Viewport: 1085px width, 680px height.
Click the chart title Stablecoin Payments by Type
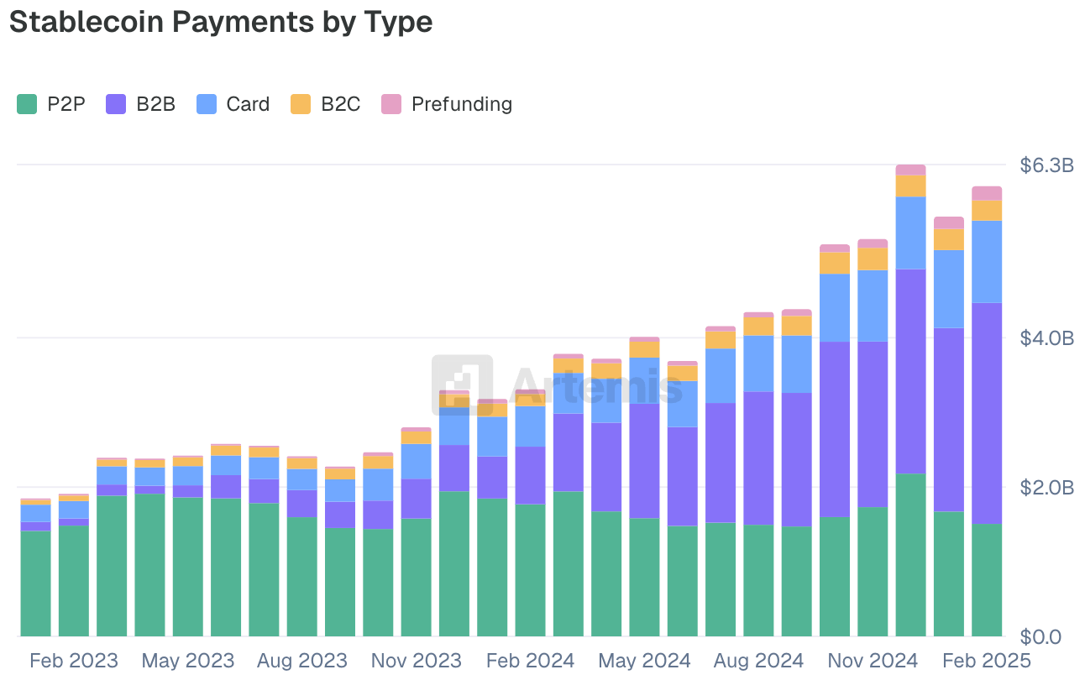coord(221,23)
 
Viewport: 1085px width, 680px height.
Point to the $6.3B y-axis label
coord(1046,165)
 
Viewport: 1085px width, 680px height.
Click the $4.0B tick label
coord(1046,337)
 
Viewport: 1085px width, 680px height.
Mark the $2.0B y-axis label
coord(1046,487)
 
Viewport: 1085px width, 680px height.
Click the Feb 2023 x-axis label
coord(74,661)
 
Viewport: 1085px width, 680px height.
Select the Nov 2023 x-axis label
coord(417,661)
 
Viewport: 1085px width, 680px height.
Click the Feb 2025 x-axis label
coord(987,661)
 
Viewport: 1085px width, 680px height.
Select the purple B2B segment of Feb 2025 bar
coord(987,411)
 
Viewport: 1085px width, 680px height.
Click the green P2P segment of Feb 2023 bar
coord(74,579)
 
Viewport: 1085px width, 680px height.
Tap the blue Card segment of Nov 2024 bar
coord(873,306)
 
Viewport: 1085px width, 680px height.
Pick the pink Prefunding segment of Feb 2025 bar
coord(987,193)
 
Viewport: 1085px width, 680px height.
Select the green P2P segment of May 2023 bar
coord(188,567)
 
